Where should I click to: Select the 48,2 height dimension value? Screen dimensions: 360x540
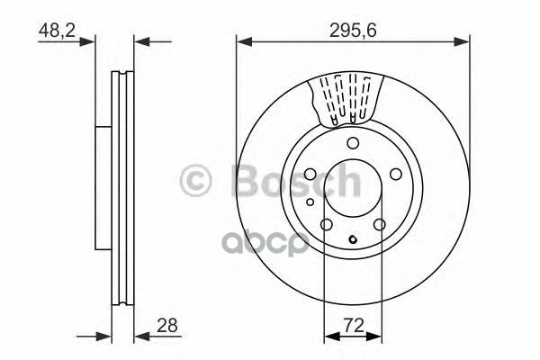coord(57,29)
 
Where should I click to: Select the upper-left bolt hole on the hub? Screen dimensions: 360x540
coord(310,175)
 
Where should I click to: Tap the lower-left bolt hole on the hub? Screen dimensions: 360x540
coord(327,225)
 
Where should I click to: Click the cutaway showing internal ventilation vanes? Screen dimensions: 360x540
coord(347,100)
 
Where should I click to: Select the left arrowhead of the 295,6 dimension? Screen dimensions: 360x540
coord(242,40)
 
